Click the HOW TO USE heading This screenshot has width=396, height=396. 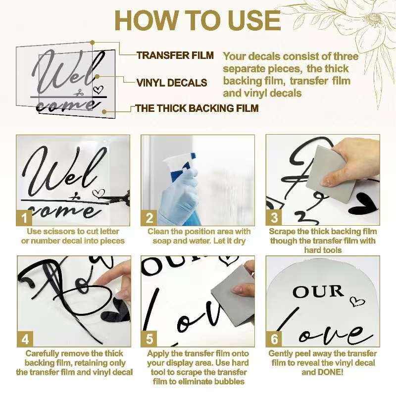(198, 21)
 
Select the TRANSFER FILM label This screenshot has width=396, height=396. (175, 55)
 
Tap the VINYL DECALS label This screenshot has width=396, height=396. (172, 83)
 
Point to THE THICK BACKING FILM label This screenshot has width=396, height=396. (197, 108)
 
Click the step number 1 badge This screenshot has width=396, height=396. (24, 218)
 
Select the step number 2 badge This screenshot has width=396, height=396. (149, 218)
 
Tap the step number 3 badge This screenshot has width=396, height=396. (274, 218)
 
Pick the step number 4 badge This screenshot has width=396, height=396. (25, 339)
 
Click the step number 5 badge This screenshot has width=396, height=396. (149, 339)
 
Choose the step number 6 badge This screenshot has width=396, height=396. (274, 339)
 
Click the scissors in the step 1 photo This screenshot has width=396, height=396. (119, 198)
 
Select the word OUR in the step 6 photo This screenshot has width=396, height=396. (318, 292)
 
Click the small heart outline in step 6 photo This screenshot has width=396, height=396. (357, 301)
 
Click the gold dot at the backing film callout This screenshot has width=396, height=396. (104, 112)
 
